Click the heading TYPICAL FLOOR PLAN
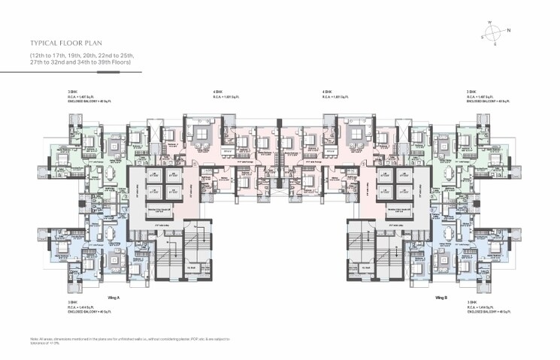[68, 44]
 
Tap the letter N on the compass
[509, 30]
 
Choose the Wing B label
[441, 298]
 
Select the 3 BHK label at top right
[471, 92]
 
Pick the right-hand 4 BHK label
[326, 92]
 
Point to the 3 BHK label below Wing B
[471, 303]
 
